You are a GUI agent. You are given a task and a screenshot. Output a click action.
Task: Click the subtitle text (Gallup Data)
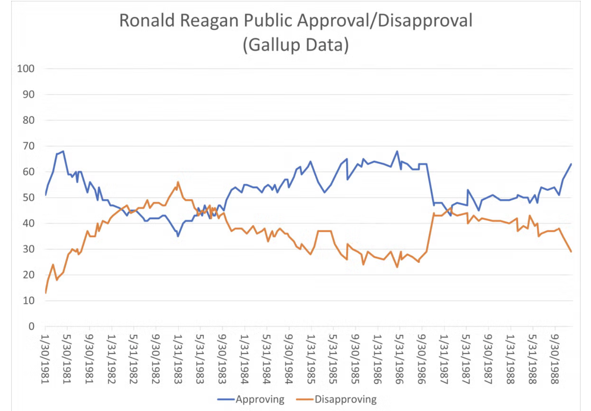pyautogui.click(x=295, y=45)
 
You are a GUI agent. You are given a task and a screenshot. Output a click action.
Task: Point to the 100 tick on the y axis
pyautogui.click(x=26, y=68)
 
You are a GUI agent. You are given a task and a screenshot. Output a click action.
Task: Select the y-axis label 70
pyautogui.click(x=28, y=146)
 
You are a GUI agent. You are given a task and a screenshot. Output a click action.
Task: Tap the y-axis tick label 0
pyautogui.click(x=31, y=326)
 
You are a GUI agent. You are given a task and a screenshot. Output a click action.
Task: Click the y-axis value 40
pyautogui.click(x=28, y=223)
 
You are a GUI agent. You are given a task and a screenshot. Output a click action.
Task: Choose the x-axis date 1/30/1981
pyautogui.click(x=45, y=359)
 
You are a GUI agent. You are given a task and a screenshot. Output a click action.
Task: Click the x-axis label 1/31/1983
pyautogui.click(x=178, y=359)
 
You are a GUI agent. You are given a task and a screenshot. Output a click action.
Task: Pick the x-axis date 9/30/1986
pyautogui.click(x=421, y=359)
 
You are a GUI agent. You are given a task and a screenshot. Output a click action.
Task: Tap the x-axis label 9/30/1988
pyautogui.click(x=555, y=359)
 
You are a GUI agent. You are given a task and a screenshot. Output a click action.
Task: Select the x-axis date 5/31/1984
pyautogui.click(x=267, y=359)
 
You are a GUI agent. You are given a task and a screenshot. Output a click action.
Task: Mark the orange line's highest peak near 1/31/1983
pyautogui.click(x=178, y=182)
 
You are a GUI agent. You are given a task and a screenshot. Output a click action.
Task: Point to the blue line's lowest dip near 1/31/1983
pyautogui.click(x=178, y=236)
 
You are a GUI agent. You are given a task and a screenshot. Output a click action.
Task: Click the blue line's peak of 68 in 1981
pyautogui.click(x=63, y=151)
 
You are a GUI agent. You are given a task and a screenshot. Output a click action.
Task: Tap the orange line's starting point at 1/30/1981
pyautogui.click(x=45, y=293)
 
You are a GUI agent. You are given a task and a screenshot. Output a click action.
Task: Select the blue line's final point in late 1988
pyautogui.click(x=571, y=164)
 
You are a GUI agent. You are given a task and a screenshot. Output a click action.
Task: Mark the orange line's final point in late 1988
pyautogui.click(x=571, y=252)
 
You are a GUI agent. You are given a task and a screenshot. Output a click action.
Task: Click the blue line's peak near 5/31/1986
pyautogui.click(x=397, y=151)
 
